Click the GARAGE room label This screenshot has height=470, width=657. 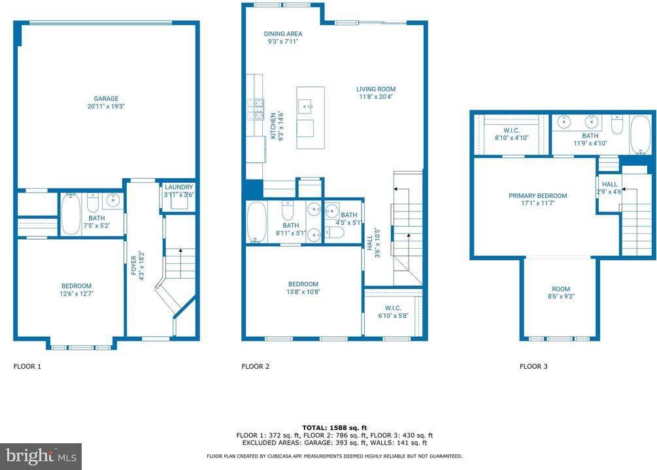pyautogui.click(x=105, y=99)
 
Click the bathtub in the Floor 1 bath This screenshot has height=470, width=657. pyautogui.click(x=71, y=213)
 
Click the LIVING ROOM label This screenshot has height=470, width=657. pyautogui.click(x=375, y=89)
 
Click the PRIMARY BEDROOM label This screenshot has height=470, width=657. pyautogui.click(x=537, y=196)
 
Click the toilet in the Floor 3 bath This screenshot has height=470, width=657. pyautogui.click(x=616, y=124)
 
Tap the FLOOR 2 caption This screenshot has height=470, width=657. pyautogui.click(x=256, y=367)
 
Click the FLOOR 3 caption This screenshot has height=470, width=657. pyautogui.click(x=533, y=367)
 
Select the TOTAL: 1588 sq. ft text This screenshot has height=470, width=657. pyautogui.click(x=334, y=427)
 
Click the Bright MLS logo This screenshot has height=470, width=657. pyautogui.click(x=41, y=456)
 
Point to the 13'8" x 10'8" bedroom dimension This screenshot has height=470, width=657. pyautogui.click(x=303, y=292)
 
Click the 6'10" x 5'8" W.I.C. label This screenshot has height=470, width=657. pyautogui.click(x=392, y=312)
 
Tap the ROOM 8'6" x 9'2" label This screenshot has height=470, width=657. pyautogui.click(x=560, y=292)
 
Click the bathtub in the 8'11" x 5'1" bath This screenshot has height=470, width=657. pyautogui.click(x=257, y=221)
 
